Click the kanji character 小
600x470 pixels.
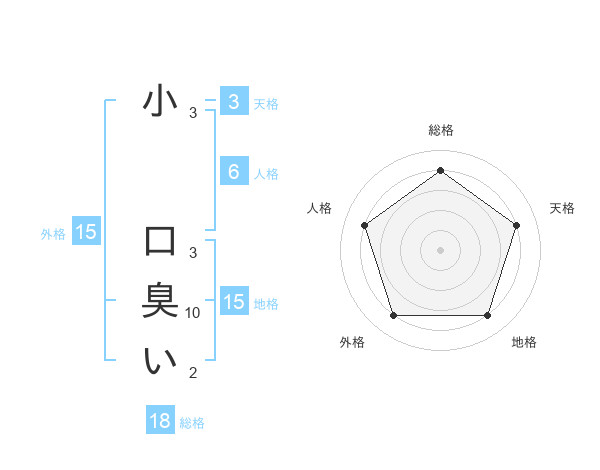coord(160,102)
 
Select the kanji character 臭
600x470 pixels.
coord(160,301)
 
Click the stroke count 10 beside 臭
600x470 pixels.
coord(193,313)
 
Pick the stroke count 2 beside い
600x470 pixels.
coord(193,373)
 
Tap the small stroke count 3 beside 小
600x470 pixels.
coord(193,113)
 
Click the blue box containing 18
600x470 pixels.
coord(160,421)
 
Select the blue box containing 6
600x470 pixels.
coord(233,172)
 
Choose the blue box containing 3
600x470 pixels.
coord(233,102)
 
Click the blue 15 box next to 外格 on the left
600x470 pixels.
coord(86,233)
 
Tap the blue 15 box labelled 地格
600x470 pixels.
coord(233,302)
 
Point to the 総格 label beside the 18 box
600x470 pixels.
coord(192,423)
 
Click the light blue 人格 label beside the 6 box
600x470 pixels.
coord(266,174)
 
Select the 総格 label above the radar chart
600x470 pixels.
coord(440,130)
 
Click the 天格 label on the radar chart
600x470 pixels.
coord(562,208)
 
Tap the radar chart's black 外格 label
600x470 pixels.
coord(352,342)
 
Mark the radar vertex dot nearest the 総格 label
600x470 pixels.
coord(440,170)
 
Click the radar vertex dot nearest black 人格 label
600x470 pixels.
coord(364,225)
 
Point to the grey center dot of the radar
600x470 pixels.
coord(440,249)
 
